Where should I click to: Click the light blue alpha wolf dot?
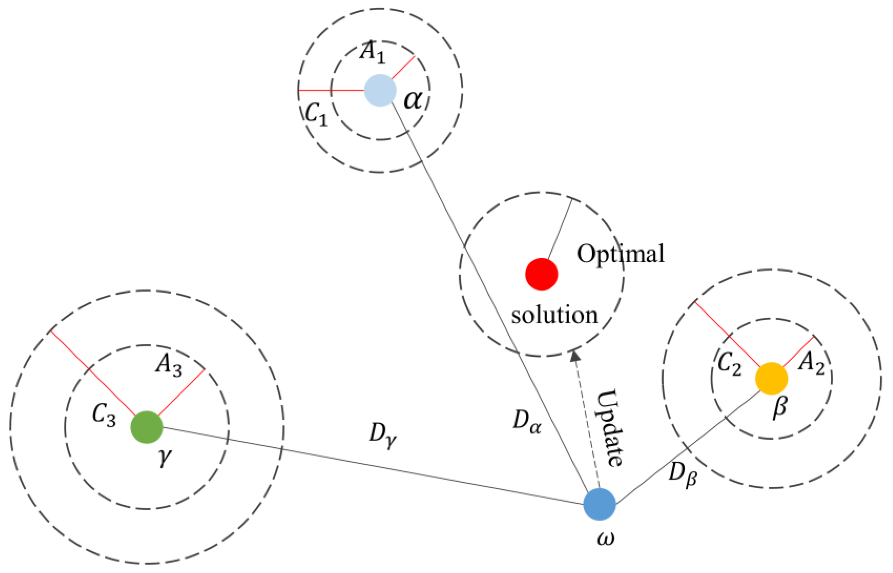380,90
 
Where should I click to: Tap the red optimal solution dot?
542,274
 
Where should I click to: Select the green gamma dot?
147,427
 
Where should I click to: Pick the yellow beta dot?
771,378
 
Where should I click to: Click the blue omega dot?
599,504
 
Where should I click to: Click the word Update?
610,428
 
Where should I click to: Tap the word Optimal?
620,254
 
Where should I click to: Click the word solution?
554,315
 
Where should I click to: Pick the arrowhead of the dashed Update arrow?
575,356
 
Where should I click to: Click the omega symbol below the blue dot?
605,539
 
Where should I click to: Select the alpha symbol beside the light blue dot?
413,100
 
